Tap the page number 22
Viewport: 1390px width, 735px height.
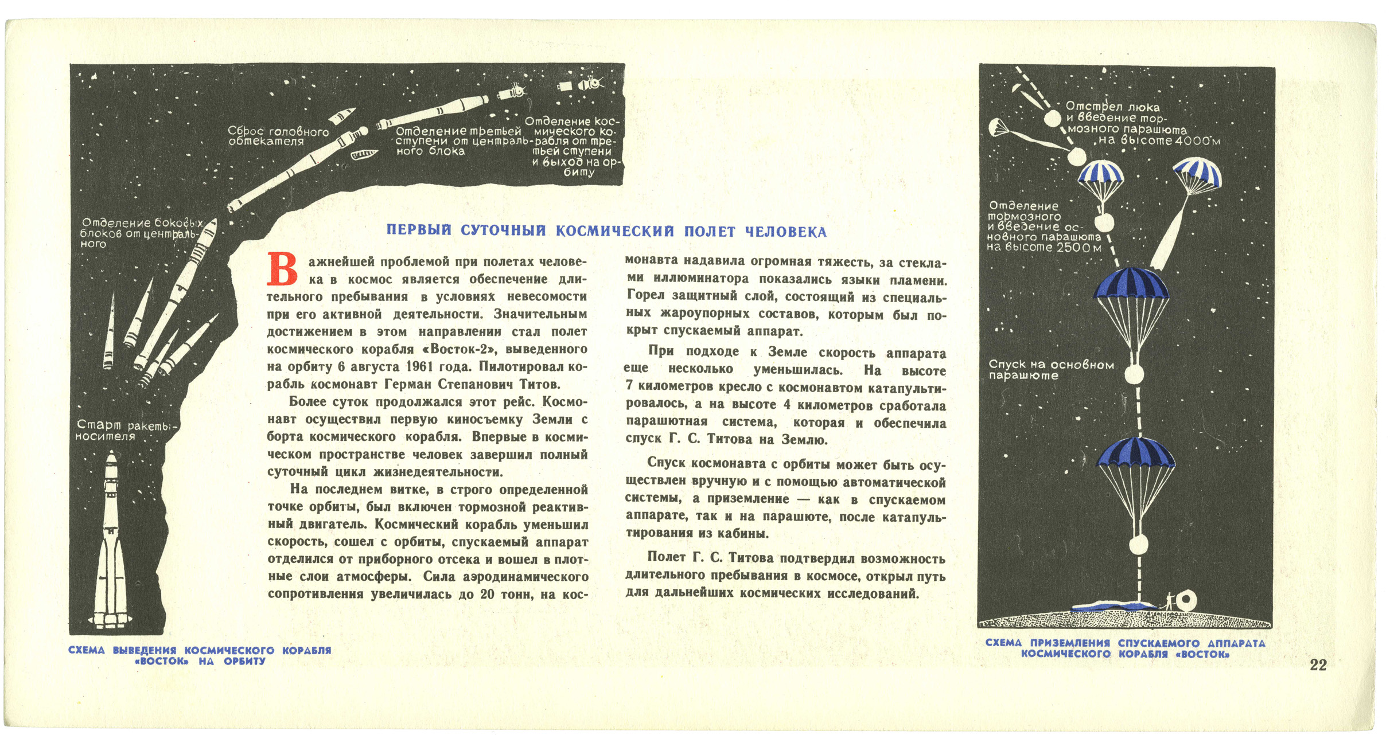click(1318, 664)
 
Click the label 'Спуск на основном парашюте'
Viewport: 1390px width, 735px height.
click(1051, 370)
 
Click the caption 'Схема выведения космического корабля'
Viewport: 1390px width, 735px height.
click(200, 650)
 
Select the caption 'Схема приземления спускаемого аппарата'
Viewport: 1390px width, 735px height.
click(1125, 643)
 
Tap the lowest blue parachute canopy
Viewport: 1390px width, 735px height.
click(1136, 453)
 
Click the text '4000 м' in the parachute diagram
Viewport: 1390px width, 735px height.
click(1197, 141)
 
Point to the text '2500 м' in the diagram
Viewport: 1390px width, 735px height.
click(1078, 248)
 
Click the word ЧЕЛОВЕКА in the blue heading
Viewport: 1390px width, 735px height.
click(786, 232)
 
